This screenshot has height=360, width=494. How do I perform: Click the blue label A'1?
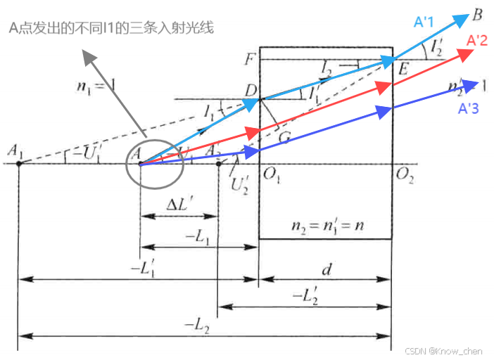coord(424,22)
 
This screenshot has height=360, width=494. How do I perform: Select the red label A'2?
coord(478,41)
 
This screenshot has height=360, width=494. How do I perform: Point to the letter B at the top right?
coord(477,13)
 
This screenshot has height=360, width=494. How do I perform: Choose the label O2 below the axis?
coord(404,174)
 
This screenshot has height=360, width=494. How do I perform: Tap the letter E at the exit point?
coord(403,70)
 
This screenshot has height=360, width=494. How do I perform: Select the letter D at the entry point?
coord(251,90)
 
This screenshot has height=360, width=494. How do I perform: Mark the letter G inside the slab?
coord(284,138)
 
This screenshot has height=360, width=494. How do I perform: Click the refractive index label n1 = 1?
coord(99,87)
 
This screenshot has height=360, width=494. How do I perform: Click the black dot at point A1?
coord(18,164)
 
